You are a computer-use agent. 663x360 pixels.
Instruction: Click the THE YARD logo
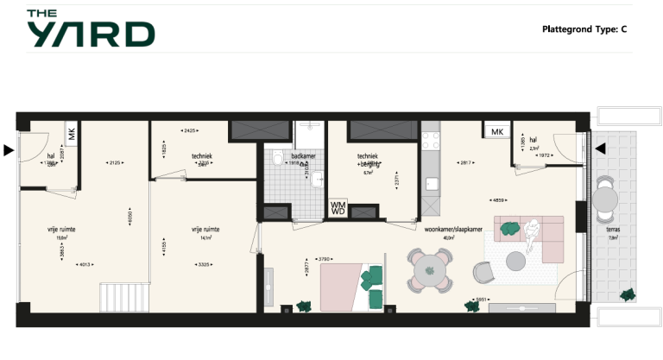(x=90, y=28)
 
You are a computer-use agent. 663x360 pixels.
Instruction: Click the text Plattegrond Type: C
(x=584, y=29)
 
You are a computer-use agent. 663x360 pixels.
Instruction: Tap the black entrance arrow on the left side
(x=9, y=150)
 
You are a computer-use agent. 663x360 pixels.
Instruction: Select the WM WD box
(x=338, y=208)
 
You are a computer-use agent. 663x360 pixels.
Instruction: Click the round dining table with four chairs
(x=430, y=270)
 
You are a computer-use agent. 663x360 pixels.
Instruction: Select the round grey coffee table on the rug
(x=516, y=259)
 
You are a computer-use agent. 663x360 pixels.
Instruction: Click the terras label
(x=613, y=230)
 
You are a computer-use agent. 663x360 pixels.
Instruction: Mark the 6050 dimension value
(x=130, y=218)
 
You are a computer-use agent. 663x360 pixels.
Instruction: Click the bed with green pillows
(x=354, y=287)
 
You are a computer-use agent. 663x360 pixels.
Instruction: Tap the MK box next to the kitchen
(x=496, y=131)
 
